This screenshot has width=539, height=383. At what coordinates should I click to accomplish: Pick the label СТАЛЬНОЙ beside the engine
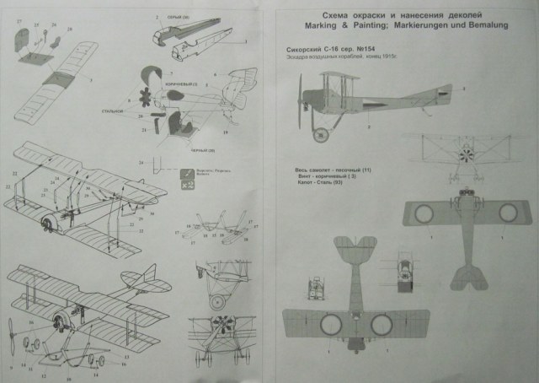116,110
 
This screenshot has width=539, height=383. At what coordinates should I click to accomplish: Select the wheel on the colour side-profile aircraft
321,134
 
